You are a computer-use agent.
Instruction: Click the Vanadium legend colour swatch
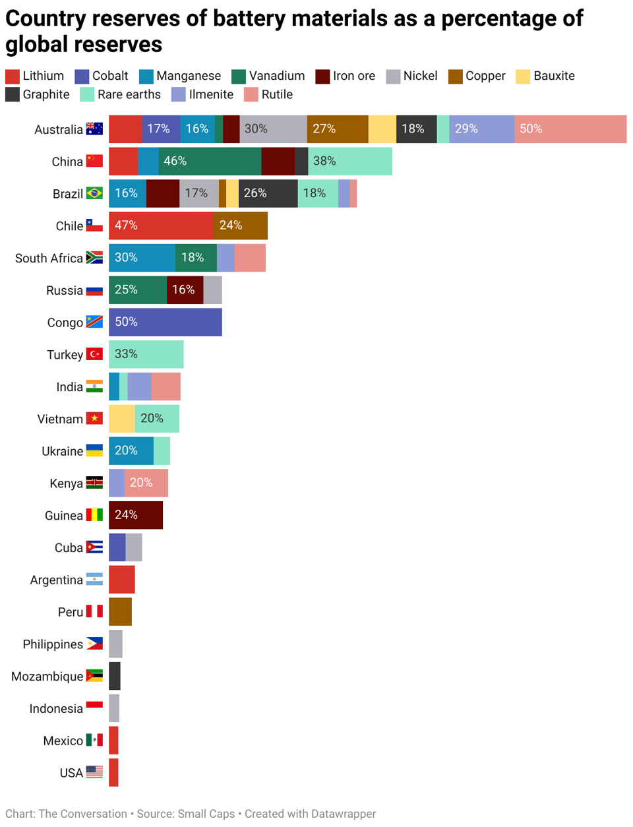click(x=238, y=77)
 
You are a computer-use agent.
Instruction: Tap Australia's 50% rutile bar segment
click(x=570, y=129)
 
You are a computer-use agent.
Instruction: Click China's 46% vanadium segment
click(x=210, y=162)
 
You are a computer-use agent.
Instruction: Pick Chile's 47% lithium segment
click(x=161, y=226)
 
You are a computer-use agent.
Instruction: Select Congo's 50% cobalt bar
click(x=166, y=322)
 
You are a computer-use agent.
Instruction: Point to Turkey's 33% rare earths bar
click(x=146, y=355)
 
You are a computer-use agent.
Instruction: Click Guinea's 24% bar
click(x=136, y=515)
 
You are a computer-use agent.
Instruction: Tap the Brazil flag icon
click(x=94, y=194)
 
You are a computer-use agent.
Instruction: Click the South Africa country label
click(x=49, y=259)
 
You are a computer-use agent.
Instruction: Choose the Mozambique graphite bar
click(x=115, y=677)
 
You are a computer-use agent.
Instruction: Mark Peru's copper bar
click(x=120, y=612)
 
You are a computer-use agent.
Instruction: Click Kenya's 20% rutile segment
click(x=146, y=483)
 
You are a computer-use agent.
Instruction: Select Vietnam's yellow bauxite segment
click(x=122, y=419)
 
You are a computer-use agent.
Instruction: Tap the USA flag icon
click(x=94, y=772)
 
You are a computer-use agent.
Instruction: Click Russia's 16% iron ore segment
click(x=185, y=290)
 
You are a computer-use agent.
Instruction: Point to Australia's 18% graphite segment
click(x=416, y=129)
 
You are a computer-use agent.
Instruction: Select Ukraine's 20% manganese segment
click(x=131, y=451)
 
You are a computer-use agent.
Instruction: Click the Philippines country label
click(x=53, y=644)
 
